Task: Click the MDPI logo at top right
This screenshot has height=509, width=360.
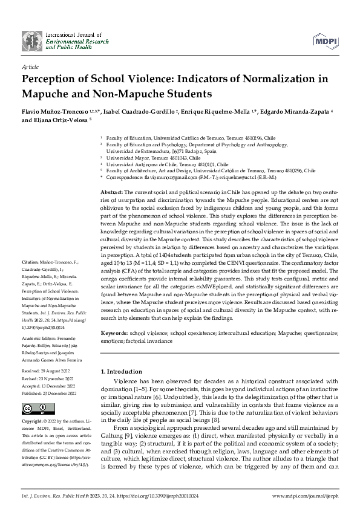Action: [x=326, y=40]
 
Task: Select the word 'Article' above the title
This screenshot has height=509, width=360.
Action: [x=30, y=68]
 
